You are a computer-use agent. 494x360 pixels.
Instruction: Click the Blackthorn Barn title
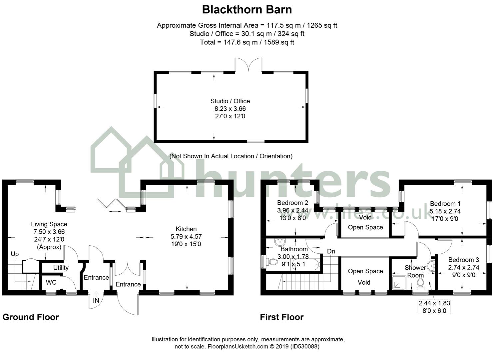247,10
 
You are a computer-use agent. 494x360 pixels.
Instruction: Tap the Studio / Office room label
230,101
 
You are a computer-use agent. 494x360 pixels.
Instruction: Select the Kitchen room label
186,229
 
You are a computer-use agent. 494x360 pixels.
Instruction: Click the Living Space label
49,224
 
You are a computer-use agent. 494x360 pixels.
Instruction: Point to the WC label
51,283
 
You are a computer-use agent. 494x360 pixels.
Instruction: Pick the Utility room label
61,268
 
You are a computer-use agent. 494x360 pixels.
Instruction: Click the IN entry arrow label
96,300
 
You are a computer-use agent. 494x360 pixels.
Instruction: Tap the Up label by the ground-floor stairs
15,254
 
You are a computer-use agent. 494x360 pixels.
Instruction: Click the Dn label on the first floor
331,251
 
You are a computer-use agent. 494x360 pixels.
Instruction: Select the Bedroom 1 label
445,204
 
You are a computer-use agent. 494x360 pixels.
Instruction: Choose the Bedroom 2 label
292,203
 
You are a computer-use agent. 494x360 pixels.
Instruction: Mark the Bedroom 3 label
463,260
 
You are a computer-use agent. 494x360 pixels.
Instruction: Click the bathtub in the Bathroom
306,265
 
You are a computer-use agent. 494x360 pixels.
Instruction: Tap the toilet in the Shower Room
420,283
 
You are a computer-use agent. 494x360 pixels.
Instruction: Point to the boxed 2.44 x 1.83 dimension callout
434,307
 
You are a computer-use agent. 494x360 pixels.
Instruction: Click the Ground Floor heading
31,317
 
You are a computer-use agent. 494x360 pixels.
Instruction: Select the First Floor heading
281,317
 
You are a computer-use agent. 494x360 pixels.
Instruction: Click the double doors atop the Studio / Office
248,65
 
